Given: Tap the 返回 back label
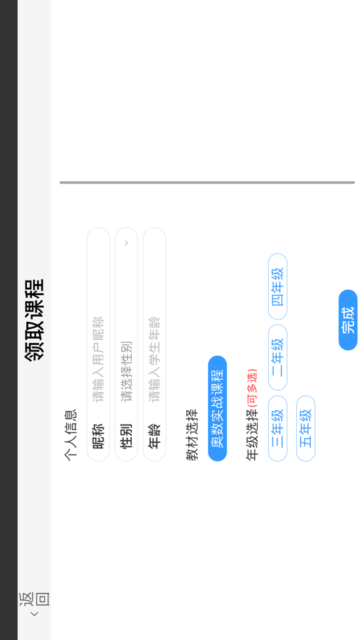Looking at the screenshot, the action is pyautogui.click(x=34, y=599).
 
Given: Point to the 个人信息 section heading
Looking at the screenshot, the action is pyautogui.click(x=71, y=436).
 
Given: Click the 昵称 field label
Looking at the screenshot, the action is pyautogui.click(x=99, y=436).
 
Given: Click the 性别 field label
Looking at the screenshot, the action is pyautogui.click(x=126, y=436).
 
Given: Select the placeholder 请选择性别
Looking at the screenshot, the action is pyautogui.click(x=126, y=371).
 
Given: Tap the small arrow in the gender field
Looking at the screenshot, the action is pyautogui.click(x=126, y=243).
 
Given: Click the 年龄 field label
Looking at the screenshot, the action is pyautogui.click(x=154, y=436).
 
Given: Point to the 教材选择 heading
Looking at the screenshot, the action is pyautogui.click(x=193, y=436).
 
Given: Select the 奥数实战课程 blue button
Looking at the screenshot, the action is pyautogui.click(x=217, y=409).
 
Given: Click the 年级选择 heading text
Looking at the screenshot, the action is pyautogui.click(x=252, y=436).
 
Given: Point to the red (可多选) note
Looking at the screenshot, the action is pyautogui.click(x=253, y=388).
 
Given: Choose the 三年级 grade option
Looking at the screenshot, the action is pyautogui.click(x=277, y=428).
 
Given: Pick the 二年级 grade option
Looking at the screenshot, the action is pyautogui.click(x=277, y=357).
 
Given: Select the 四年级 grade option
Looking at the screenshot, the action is pyautogui.click(x=277, y=286).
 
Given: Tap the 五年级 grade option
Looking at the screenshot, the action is pyautogui.click(x=306, y=428).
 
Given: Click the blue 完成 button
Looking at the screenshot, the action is pyautogui.click(x=348, y=320).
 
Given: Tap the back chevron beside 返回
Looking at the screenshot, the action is pyautogui.click(x=35, y=614).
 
